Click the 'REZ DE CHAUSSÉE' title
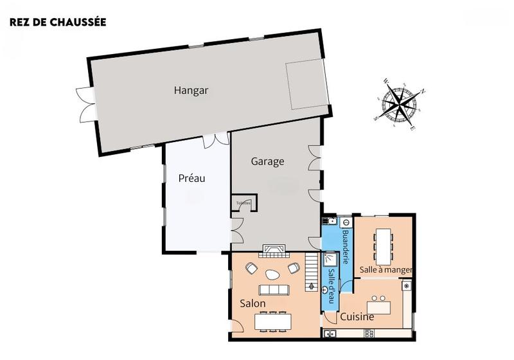58,22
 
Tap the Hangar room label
191,91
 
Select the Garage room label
267,161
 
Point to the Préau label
191,178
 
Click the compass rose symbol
400,104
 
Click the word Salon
253,303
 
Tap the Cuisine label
357,317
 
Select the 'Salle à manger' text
385,270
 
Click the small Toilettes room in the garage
244,203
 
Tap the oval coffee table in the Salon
273,274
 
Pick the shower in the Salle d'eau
330,258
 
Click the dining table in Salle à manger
385,242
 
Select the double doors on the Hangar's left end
85,103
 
